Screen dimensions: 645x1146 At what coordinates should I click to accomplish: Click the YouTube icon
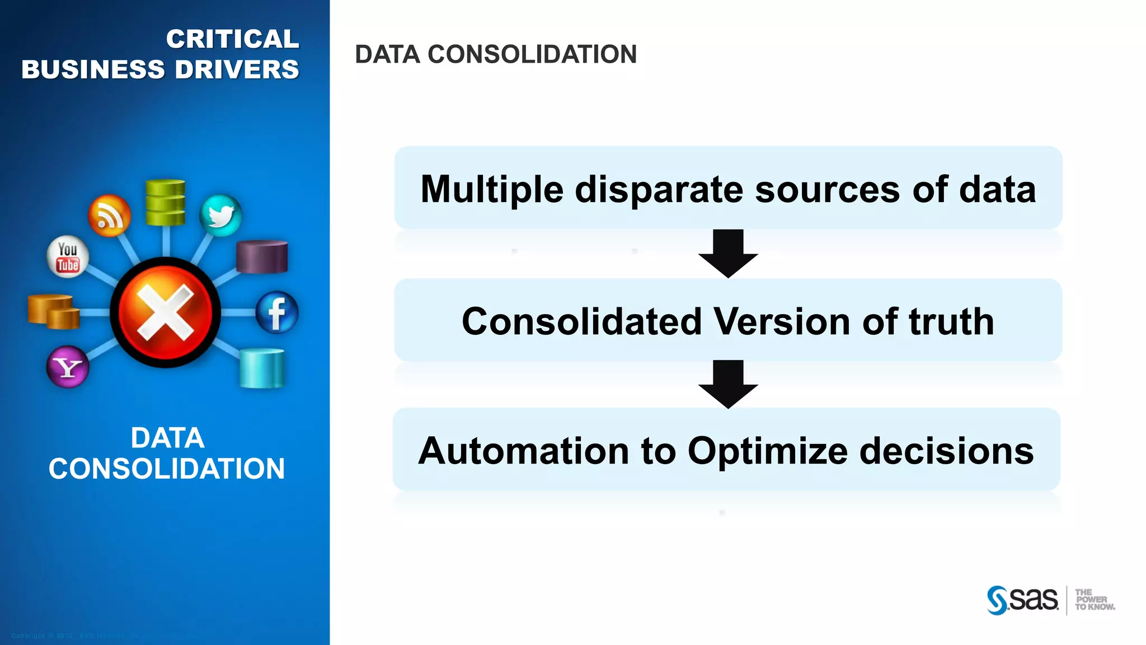(x=67, y=257)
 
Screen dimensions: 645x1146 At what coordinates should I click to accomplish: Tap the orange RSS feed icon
(x=110, y=216)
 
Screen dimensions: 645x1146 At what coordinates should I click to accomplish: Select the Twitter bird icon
(x=221, y=215)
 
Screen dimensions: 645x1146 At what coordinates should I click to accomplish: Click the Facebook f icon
(x=277, y=312)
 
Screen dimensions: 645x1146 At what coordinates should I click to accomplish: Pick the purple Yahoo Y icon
(x=68, y=367)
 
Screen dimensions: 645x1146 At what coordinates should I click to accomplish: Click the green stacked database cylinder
(x=165, y=202)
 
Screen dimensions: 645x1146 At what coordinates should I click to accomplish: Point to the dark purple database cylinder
(x=262, y=257)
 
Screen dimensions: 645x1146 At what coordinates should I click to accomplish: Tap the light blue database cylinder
(x=262, y=368)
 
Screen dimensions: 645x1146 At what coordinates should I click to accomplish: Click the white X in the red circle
(x=166, y=312)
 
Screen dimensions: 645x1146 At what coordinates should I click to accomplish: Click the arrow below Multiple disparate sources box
(x=728, y=253)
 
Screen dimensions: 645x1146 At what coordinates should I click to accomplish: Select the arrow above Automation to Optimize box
(x=728, y=384)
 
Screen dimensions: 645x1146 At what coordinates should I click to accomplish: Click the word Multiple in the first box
(x=492, y=189)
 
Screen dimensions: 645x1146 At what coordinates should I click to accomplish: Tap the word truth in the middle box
(x=951, y=321)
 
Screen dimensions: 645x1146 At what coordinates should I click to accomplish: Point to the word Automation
(x=524, y=451)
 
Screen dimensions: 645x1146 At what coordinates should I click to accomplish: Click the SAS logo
(x=1022, y=600)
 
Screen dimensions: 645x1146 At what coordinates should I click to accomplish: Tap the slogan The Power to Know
(x=1094, y=600)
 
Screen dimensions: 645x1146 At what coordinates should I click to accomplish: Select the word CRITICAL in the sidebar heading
(x=232, y=39)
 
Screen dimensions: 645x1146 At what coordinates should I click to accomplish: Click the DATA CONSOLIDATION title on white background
(x=496, y=54)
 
